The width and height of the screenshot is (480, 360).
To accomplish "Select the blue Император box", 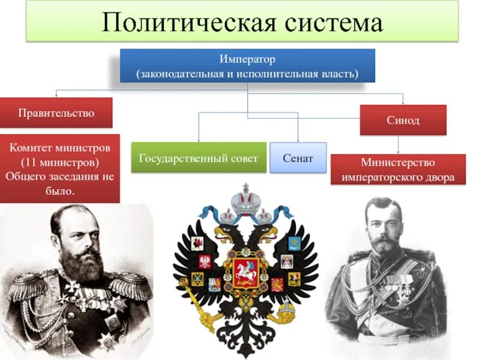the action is (x=247, y=66).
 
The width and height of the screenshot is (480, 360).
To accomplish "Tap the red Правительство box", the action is (x=56, y=113).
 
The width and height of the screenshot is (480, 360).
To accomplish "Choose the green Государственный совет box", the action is (x=199, y=158).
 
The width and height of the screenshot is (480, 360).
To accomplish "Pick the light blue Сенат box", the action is (x=298, y=158).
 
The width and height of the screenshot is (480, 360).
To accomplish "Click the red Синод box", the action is (x=403, y=120).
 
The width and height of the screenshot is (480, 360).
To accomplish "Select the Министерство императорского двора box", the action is (x=398, y=170).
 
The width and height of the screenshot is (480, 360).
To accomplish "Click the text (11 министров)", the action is (x=59, y=163).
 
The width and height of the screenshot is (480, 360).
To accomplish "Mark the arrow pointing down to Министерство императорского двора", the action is (x=398, y=151).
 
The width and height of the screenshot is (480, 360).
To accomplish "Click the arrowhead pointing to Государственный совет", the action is (x=199, y=139).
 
